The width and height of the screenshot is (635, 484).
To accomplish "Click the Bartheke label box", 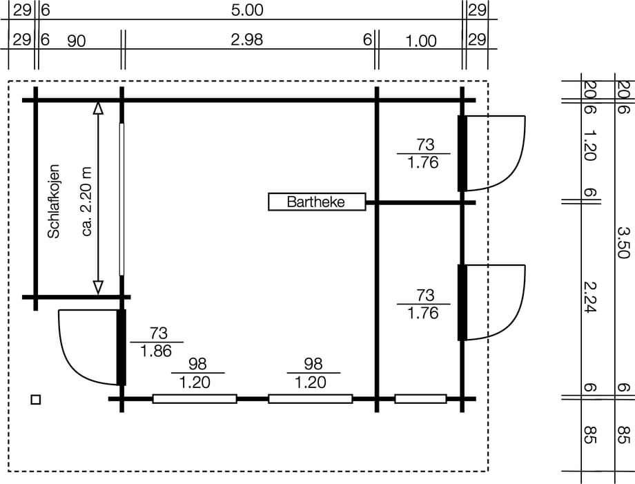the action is tap(317, 202).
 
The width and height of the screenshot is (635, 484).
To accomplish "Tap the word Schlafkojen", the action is tap(53, 202).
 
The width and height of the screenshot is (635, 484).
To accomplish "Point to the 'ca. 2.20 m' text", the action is tap(87, 202).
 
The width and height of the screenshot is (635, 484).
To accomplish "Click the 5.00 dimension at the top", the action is tap(247, 10).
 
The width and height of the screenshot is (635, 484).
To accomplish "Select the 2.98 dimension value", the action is tap(247, 39).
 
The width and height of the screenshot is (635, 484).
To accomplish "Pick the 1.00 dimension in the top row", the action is tap(421, 41).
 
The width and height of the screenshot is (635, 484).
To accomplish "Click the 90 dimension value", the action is tap(76, 41).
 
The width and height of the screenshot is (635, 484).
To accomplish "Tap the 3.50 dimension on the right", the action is tap(624, 242).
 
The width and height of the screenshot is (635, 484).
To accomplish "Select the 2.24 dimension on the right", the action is tap(589, 297).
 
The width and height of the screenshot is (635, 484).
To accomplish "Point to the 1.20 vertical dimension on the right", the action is tap(589, 145).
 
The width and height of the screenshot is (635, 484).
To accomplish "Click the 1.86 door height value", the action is tap(156, 351).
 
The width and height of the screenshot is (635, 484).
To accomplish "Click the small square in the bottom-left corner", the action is tap(36, 400).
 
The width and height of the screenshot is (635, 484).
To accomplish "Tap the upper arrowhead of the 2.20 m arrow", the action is tap(98, 108).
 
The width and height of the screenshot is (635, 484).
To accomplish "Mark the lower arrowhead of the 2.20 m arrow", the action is tap(98, 287).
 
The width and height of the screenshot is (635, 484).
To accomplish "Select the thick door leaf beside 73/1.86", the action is tap(121, 347).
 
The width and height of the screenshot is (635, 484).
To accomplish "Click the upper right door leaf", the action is tap(462, 153).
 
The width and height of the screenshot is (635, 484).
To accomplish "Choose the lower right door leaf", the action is tap(462, 302).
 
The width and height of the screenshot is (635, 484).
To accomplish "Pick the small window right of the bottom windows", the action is tap(421, 399).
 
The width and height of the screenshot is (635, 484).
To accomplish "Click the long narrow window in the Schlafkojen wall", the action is tap(122, 200).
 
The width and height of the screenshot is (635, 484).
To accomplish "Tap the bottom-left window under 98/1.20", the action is tap(195, 399).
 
